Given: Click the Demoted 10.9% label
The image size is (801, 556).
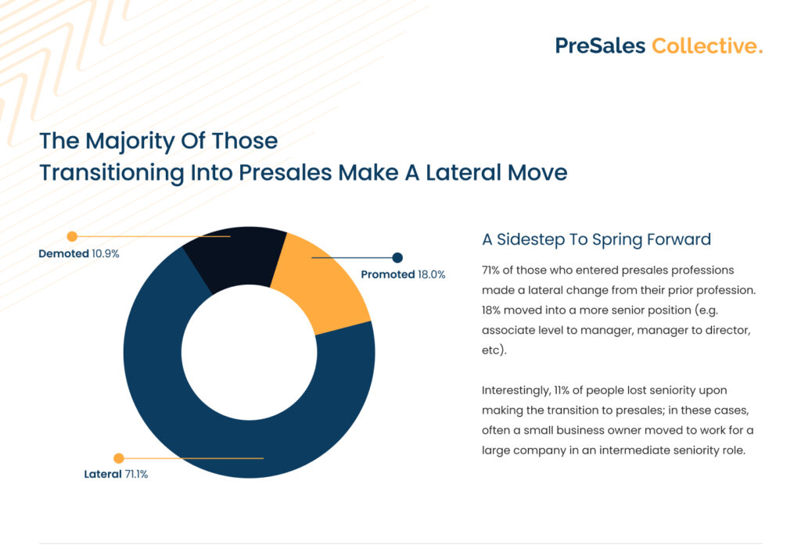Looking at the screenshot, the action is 79,253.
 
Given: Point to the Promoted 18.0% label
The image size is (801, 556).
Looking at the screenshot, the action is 403,274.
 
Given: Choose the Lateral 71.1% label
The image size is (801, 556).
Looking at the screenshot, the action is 116,475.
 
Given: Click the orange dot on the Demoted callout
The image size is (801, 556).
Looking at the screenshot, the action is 72,236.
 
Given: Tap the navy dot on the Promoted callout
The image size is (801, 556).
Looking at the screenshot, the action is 397,258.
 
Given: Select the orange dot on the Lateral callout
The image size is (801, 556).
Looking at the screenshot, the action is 119,458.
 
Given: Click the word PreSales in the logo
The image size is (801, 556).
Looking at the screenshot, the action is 600,46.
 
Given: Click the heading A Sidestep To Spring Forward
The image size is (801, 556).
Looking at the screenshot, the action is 597,239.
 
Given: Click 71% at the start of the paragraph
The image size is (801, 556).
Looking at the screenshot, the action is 490,270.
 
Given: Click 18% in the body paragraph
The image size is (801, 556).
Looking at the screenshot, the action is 491,310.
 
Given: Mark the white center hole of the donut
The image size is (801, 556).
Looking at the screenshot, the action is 250,352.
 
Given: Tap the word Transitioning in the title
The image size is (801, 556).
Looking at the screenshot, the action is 111,173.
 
